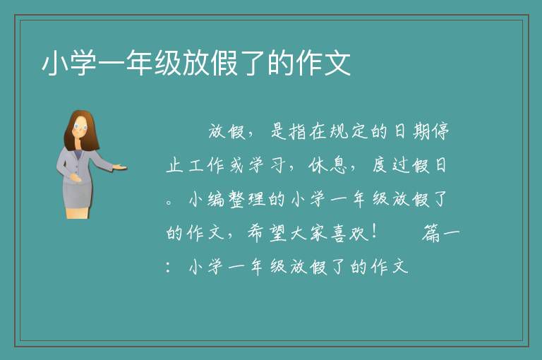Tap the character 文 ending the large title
click(x=337, y=63)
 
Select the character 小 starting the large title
click(x=55, y=63)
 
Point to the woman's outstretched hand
click(x=119, y=167)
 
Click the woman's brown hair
click(x=79, y=130)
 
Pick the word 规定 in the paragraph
click(x=347, y=131)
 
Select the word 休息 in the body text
click(x=328, y=165)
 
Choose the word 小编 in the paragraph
click(x=207, y=199)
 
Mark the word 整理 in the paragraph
click(x=247, y=199)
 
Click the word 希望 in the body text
click(x=267, y=233)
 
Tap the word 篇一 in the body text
click(x=441, y=233)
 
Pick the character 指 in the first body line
click(x=297, y=131)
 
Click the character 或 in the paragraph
click(x=236, y=165)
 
